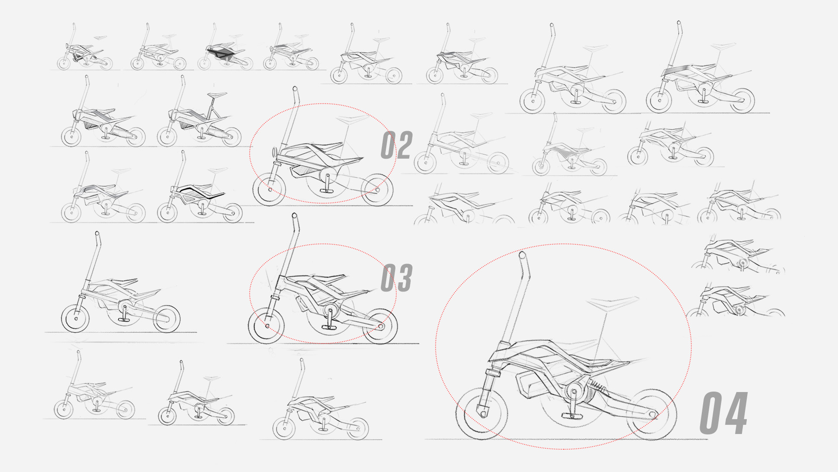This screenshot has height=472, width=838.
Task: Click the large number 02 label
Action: tap(396, 145)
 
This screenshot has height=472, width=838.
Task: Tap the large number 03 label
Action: tap(396, 278)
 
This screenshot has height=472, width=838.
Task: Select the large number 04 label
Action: tap(724, 413)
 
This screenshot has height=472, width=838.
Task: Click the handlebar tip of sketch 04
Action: tap(522, 255)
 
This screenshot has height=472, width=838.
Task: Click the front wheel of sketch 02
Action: tap(269, 190)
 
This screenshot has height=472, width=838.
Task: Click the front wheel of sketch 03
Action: tap(266, 326)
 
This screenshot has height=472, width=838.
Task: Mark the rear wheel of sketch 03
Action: tap(380, 326)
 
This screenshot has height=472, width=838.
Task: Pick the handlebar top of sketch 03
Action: tap(294, 216)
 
